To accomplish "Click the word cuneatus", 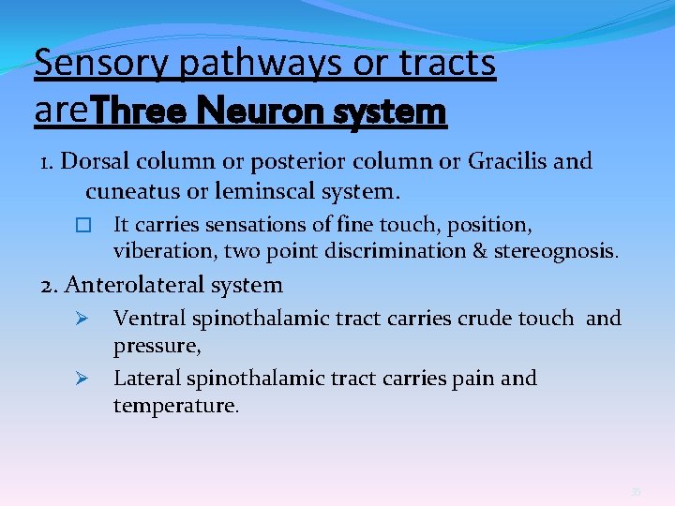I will point(129,192).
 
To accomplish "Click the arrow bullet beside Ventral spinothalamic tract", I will point(81,319).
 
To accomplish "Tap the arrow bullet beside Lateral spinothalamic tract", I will point(81,379).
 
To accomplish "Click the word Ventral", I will point(149,319).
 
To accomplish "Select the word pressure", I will point(156,346).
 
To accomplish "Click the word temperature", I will point(175,406).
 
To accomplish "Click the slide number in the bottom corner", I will point(636,490).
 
